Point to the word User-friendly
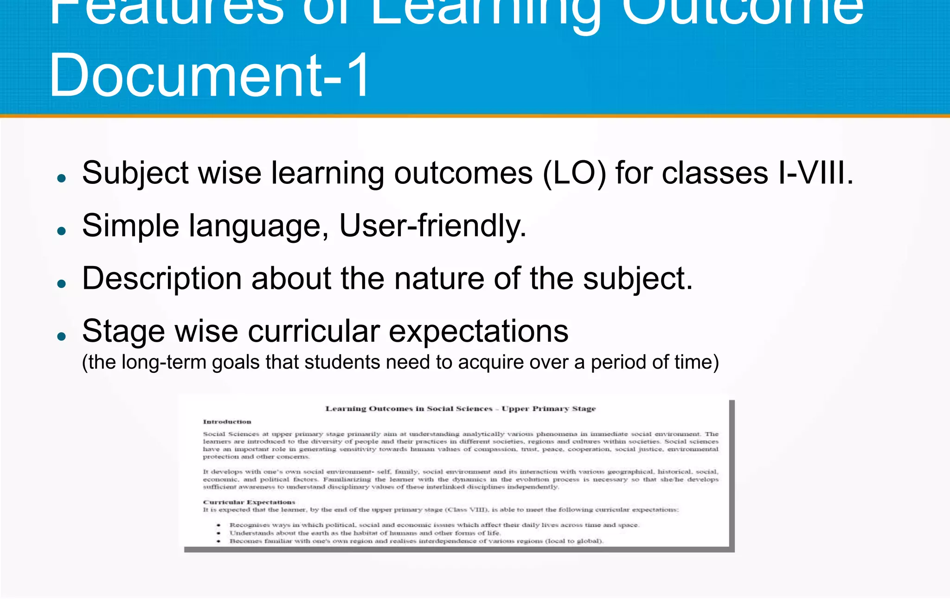point(432,226)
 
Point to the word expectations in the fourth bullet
point(478,332)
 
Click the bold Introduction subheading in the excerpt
point(227,422)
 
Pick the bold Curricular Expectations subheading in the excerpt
point(249,502)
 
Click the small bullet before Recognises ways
point(218,525)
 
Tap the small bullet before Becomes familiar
point(218,541)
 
